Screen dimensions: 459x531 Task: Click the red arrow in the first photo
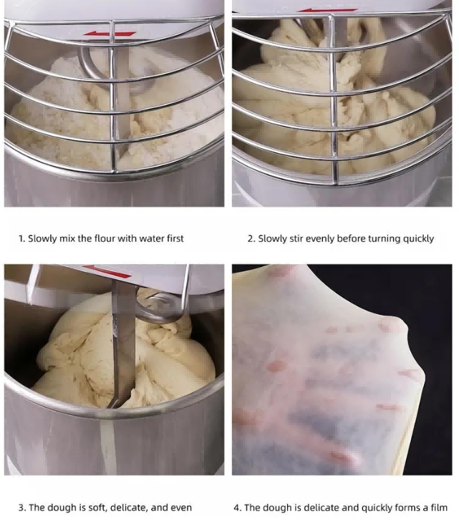point(110,34)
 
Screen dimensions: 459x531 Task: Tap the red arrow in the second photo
point(328,10)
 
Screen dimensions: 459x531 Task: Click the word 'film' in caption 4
point(440,507)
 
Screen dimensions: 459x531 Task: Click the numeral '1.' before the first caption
point(21,238)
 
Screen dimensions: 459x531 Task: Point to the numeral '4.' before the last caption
point(237,507)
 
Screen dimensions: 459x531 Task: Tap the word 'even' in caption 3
point(183,507)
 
